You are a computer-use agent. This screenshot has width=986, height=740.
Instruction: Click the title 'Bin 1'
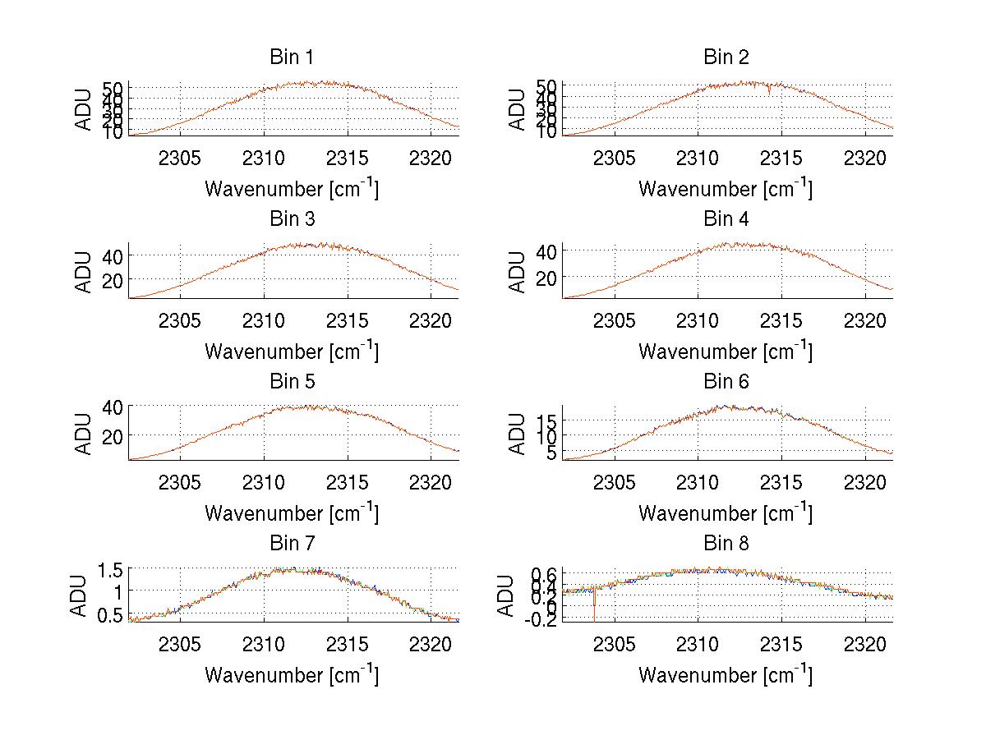click(x=291, y=57)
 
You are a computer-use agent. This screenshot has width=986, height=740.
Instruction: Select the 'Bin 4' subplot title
click(x=726, y=219)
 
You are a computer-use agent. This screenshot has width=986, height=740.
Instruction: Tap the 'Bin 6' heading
click(x=726, y=382)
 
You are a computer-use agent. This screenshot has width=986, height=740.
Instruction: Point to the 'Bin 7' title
click(x=291, y=544)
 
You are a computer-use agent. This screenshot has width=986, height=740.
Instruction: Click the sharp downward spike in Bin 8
click(x=594, y=612)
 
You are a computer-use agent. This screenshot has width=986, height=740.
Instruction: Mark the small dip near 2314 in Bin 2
click(x=769, y=91)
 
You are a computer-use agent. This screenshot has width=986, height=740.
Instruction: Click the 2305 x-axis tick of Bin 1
click(x=180, y=157)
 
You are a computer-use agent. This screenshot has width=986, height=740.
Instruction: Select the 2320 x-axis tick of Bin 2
click(x=864, y=157)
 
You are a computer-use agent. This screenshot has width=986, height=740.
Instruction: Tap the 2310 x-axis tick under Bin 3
click(x=264, y=319)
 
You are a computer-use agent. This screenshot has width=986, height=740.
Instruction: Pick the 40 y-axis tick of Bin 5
click(x=113, y=407)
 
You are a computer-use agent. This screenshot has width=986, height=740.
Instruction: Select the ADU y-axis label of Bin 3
click(x=84, y=270)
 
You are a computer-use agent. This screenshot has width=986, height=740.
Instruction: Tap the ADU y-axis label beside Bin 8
click(x=506, y=595)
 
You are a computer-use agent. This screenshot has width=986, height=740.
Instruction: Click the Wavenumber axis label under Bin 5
click(x=291, y=513)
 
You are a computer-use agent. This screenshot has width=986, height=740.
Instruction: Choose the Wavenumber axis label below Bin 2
click(x=726, y=189)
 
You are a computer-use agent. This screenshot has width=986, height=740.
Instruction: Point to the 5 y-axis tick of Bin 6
click(x=551, y=453)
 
